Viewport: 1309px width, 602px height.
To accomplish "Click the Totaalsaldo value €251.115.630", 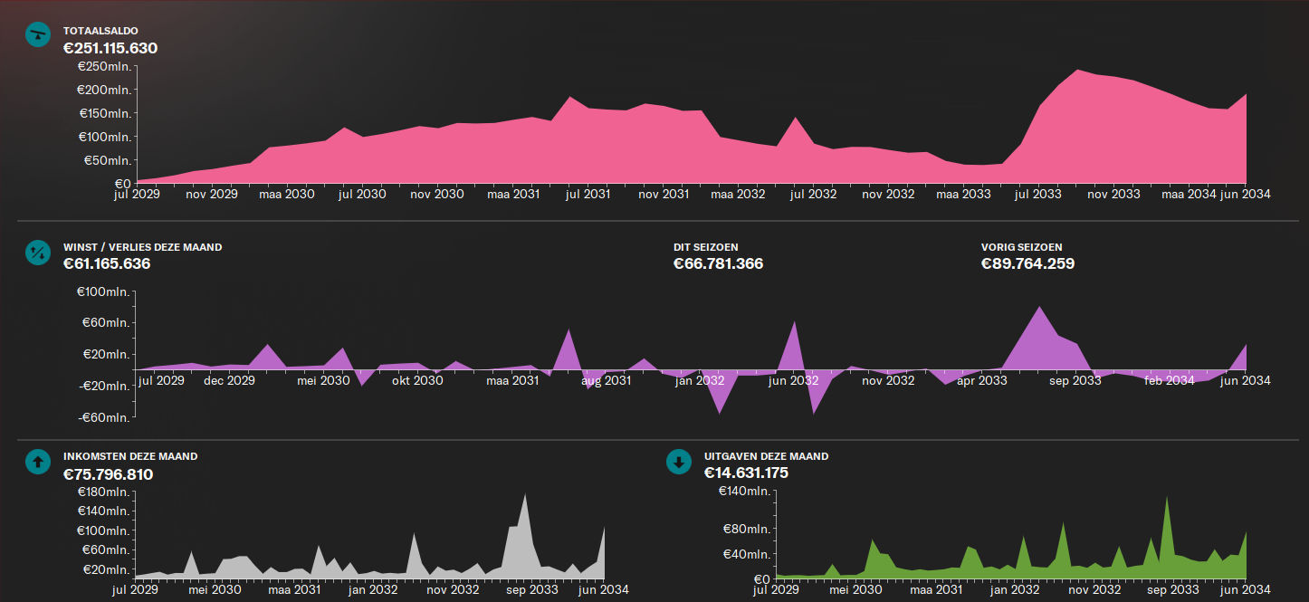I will pyautogui.click(x=110, y=48).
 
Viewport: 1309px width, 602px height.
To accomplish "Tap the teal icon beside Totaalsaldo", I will pyautogui.click(x=37, y=34).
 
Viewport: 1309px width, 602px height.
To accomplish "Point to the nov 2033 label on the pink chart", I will pyautogui.click(x=1113, y=194).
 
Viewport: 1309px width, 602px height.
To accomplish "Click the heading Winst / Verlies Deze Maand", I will pyautogui.click(x=142, y=247).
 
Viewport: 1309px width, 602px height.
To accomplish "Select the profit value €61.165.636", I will pyautogui.click(x=107, y=264).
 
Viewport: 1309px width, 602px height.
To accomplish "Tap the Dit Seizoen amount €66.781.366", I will pyautogui.click(x=718, y=264).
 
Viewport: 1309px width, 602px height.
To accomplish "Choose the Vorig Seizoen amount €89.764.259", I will pyautogui.click(x=1027, y=264).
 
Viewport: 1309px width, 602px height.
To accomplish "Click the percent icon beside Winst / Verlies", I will pyautogui.click(x=37, y=252).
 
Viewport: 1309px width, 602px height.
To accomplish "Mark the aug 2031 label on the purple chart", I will pyautogui.click(x=606, y=381).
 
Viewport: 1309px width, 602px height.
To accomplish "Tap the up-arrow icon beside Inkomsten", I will pyautogui.click(x=37, y=462).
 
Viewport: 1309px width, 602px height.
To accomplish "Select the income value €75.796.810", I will pyautogui.click(x=108, y=474).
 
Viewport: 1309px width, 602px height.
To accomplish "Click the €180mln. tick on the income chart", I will pyautogui.click(x=103, y=492).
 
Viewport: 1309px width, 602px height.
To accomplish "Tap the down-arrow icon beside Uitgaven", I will pyautogui.click(x=678, y=462).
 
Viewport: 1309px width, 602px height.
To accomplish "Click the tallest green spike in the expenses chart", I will pyautogui.click(x=1167, y=499).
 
